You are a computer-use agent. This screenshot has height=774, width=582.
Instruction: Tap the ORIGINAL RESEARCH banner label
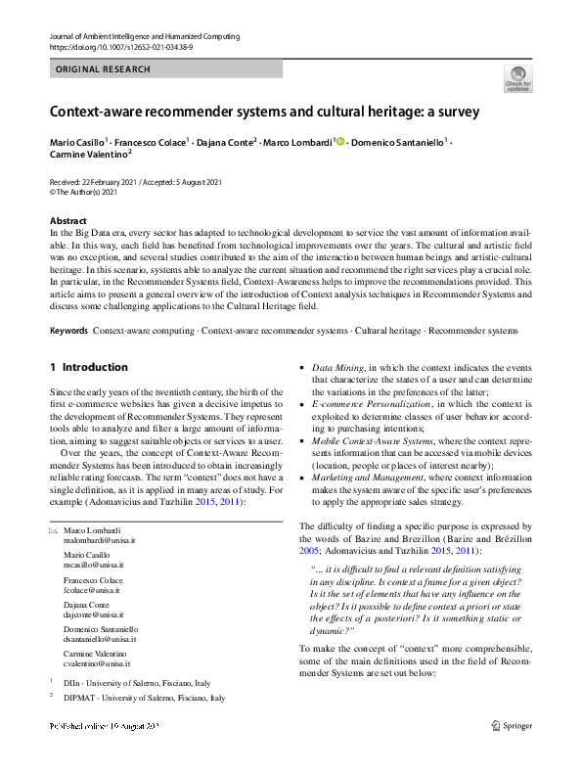pos(103,69)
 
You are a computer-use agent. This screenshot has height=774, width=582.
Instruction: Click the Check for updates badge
pos(517,78)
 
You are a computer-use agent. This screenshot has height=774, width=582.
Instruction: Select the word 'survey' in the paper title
pos(457,112)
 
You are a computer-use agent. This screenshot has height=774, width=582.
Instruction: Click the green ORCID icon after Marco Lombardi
pos(340,142)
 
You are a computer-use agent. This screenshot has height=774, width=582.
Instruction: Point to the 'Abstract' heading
pos(67,221)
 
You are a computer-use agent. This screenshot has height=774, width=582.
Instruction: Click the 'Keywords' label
pos(69,304)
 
